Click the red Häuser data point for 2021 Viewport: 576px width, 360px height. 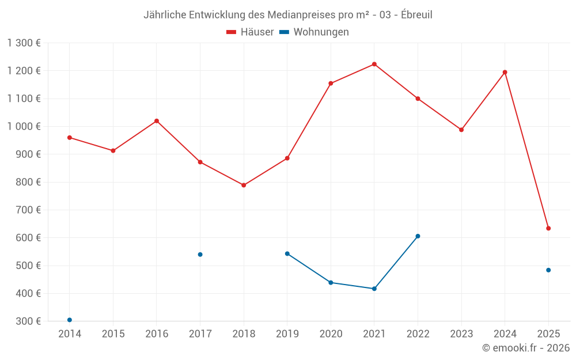click(x=374, y=64)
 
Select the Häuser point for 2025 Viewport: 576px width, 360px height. click(x=548, y=228)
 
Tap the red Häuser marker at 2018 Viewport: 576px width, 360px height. click(x=244, y=185)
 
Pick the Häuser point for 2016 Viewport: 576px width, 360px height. click(x=157, y=121)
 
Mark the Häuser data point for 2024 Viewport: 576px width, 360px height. click(x=505, y=72)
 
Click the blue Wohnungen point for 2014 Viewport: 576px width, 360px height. click(x=70, y=320)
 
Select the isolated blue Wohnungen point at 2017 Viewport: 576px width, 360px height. click(x=200, y=254)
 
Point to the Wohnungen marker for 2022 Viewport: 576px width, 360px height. click(x=418, y=236)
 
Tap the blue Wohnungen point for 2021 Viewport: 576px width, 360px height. click(x=374, y=289)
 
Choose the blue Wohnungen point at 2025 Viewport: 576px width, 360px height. click(x=548, y=270)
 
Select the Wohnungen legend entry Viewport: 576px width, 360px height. click(x=314, y=32)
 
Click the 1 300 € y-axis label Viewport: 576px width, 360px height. click(x=24, y=43)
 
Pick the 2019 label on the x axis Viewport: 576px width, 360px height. click(x=287, y=334)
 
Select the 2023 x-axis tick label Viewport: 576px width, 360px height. click(x=461, y=334)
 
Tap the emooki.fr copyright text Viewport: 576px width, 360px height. click(x=526, y=347)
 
